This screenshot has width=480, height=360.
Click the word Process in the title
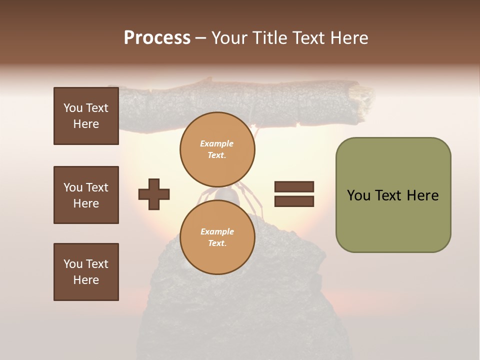(x=157, y=38)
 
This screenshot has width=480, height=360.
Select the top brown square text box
(x=86, y=116)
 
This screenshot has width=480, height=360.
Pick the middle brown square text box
(x=86, y=195)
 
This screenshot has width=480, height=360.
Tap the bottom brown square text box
(x=86, y=272)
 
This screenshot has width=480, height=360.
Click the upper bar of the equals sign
(x=294, y=187)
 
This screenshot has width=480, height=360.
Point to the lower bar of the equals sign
(x=294, y=201)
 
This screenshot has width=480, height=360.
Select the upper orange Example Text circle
(x=217, y=149)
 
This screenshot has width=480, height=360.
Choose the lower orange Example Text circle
(x=217, y=237)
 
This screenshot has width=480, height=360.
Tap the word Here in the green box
(x=422, y=195)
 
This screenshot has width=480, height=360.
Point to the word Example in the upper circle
(x=217, y=144)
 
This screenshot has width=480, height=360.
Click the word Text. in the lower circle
(x=217, y=243)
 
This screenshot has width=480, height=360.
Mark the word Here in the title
(x=349, y=38)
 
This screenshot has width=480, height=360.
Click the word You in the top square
(x=72, y=108)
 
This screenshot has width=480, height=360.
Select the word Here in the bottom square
(x=86, y=280)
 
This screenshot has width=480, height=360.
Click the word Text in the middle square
(x=97, y=187)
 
